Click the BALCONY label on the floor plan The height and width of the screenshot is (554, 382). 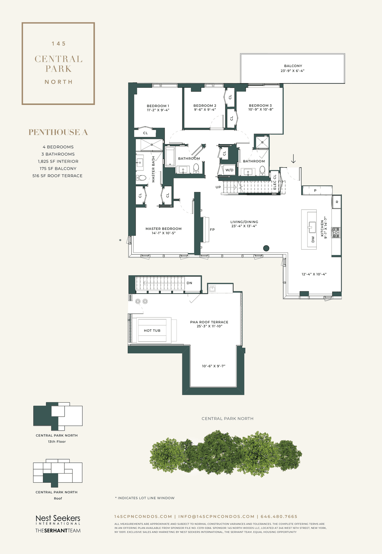(293, 66)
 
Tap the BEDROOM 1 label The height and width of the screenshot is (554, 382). (158, 106)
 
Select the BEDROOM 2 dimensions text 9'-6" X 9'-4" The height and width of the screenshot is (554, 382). (205, 110)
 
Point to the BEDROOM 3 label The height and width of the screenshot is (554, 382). (260, 106)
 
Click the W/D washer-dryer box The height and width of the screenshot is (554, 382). (229, 170)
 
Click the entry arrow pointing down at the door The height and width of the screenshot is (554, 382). (293, 158)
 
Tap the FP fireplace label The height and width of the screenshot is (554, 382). (212, 230)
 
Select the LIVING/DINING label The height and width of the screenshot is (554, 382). (244, 222)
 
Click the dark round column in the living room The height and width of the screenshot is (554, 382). (266, 248)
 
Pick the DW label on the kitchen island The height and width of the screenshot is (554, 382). (313, 239)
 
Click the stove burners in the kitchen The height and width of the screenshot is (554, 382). (336, 232)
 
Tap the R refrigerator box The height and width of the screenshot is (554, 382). (337, 202)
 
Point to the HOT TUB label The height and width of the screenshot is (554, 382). (152, 331)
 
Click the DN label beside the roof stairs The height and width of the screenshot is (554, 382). (189, 283)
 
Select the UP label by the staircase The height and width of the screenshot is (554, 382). (218, 187)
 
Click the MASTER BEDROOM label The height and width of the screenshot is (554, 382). (164, 229)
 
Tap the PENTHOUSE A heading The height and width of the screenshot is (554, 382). (58, 132)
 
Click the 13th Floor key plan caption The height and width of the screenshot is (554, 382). (57, 442)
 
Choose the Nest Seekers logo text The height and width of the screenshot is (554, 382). (58, 518)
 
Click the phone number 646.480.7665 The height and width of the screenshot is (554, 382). (279, 516)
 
